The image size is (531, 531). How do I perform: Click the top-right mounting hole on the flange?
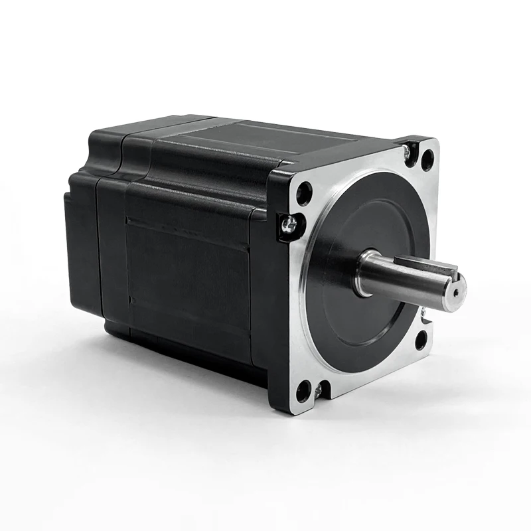[x=427, y=160]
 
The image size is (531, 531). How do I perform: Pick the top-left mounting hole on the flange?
[x=305, y=193]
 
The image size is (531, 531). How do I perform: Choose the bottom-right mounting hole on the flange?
[x=420, y=341]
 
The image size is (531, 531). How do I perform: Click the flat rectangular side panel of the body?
[x=186, y=279]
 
